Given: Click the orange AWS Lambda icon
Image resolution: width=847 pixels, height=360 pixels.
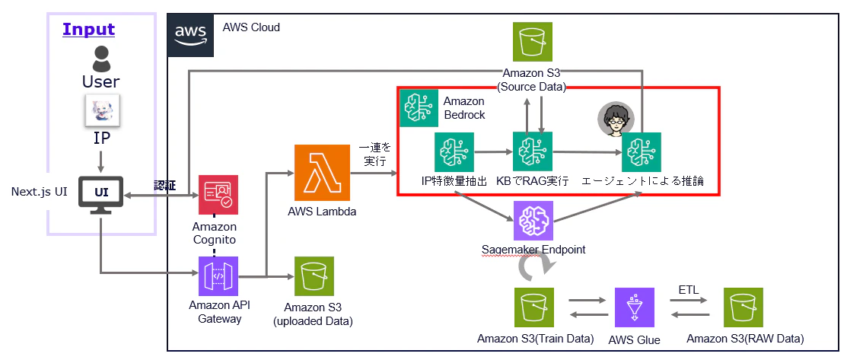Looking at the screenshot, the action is tap(321, 173).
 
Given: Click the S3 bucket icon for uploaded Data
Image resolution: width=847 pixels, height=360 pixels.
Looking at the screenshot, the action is tap(314, 276).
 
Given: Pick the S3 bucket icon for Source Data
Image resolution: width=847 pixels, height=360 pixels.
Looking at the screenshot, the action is tap(533, 42).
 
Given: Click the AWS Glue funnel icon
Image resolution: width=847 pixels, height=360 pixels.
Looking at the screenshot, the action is tap(634, 307).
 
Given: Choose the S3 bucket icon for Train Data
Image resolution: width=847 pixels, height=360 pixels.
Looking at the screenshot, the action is tap(535, 307).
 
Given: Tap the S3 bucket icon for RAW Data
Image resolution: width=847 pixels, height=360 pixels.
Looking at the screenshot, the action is tap(744, 307).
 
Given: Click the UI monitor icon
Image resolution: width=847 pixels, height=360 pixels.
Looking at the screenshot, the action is tap(101, 195).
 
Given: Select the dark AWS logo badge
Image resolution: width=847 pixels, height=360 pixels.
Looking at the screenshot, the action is tap(191, 36).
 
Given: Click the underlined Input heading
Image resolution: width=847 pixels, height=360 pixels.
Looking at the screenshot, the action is tap(88, 29).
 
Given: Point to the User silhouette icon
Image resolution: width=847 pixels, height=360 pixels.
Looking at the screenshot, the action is tap(101, 59).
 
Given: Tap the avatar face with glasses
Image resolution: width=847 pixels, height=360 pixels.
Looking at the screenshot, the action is tap(612, 119).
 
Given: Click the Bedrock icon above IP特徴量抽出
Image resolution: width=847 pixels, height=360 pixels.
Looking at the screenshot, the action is tap(454, 153).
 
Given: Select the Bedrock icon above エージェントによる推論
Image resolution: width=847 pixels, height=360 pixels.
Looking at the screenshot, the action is tap(642, 153).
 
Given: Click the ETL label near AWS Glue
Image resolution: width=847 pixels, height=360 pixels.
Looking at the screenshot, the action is tap(689, 290).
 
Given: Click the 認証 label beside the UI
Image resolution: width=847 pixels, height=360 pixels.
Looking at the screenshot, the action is tap(165, 186).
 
